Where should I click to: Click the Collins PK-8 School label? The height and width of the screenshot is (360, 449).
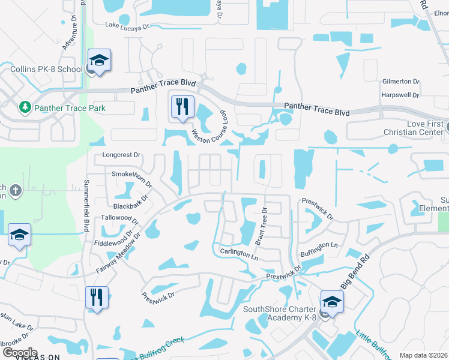[46, 69]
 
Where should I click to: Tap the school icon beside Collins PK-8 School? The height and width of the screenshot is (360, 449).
[99, 61]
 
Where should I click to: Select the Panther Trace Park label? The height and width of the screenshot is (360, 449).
[70, 108]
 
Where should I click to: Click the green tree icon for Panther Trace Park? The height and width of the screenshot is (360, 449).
[25, 107]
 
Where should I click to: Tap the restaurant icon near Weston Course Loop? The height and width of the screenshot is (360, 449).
[182, 107]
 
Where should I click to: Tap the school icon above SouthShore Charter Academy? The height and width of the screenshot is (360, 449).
[332, 302]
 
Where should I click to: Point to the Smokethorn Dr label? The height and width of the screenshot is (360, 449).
[132, 175]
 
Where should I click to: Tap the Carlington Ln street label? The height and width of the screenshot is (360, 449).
[238, 253]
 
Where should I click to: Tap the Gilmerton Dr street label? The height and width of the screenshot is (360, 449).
[400, 81]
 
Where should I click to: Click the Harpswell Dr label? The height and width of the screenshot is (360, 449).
[400, 95]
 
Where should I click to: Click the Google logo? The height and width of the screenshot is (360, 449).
[20, 353]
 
